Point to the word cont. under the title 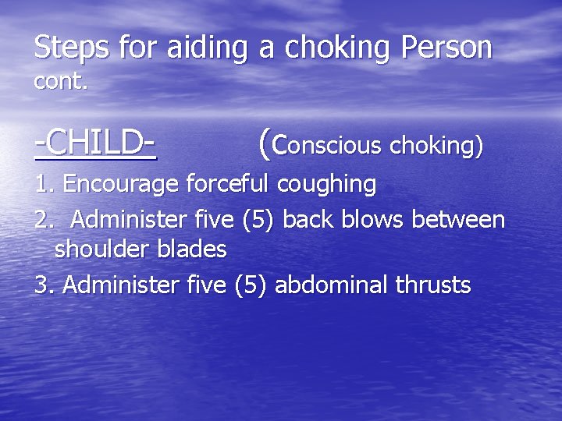pos(61,81)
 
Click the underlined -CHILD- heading pos(94,143)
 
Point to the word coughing pos(325,186)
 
